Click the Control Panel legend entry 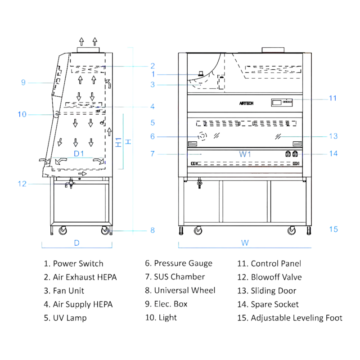[x=270, y=263]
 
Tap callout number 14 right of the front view [x=333, y=153]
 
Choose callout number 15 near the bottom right [x=333, y=229]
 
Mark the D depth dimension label [x=76, y=243]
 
